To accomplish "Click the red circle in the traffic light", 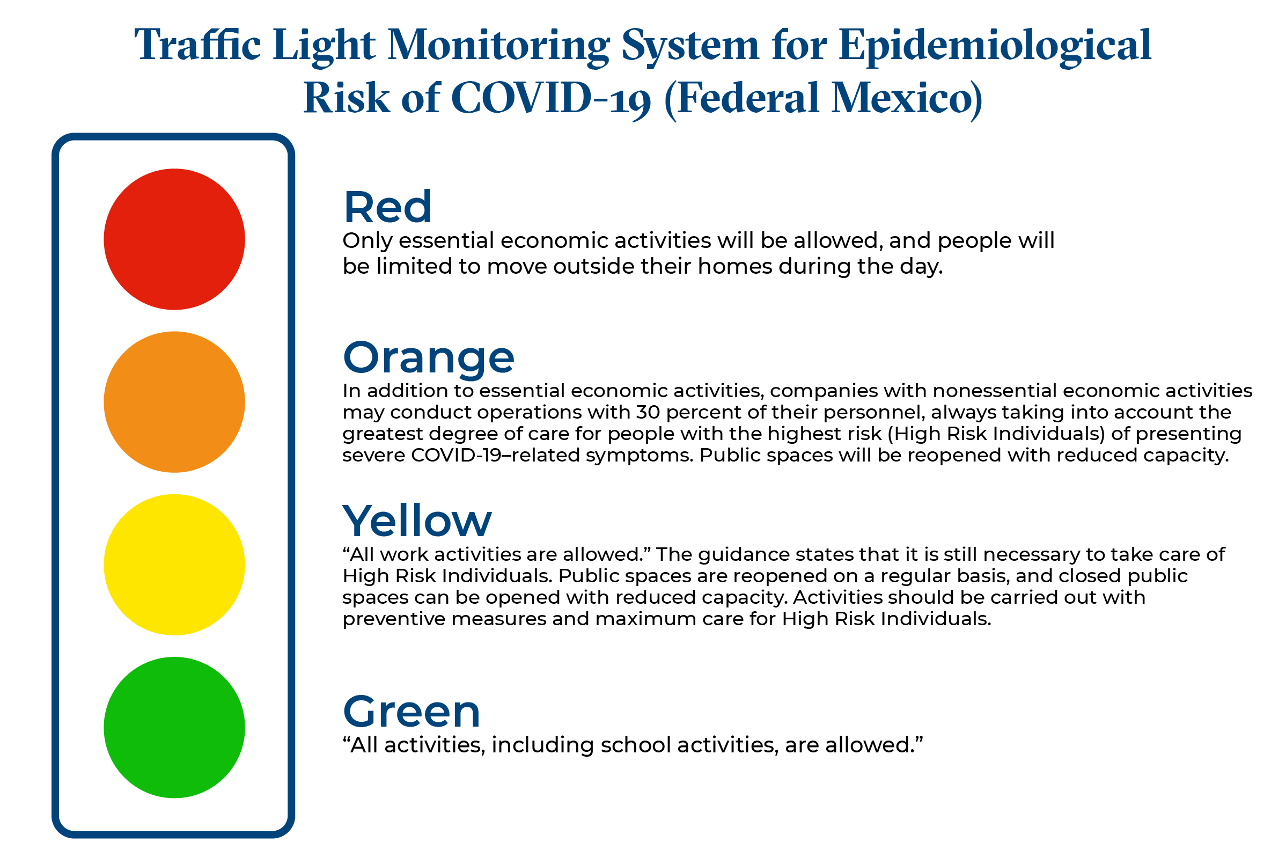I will coord(174,239).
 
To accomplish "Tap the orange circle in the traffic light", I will coord(174,402).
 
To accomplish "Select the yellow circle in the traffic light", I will coord(174,564).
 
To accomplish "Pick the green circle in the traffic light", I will coord(174,727).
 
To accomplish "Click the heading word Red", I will coord(387,207).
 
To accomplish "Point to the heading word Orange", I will coord(428,357).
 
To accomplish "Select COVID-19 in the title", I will coord(550,98).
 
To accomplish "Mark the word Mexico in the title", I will coord(906,98).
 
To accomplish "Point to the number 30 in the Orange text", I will coord(648,412).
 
